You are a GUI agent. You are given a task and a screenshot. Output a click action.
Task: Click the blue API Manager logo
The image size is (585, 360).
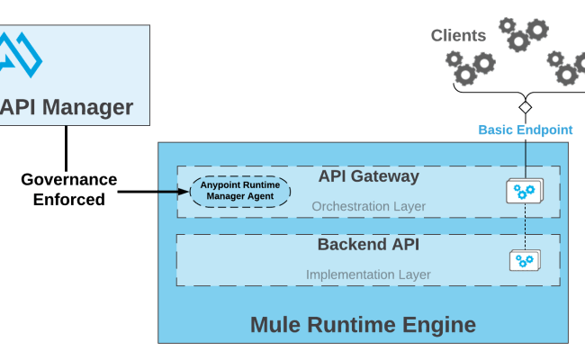coord(21,55)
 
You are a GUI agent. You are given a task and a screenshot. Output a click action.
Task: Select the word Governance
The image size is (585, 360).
coord(68,179)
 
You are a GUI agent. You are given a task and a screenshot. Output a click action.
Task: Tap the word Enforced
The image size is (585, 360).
coord(68,199)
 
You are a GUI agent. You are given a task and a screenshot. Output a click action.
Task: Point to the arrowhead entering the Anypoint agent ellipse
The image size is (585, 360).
coord(184,191)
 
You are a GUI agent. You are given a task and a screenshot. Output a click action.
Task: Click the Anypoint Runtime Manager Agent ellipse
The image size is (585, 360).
coord(240,191)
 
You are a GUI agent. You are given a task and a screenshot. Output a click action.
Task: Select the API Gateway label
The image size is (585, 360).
coord(368,176)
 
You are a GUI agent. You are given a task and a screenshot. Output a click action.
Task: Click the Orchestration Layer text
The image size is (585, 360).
coord(368,206)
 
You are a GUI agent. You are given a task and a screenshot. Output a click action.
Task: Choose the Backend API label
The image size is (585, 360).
coord(368,245)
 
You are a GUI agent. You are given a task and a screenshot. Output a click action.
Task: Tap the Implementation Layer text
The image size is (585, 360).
coord(368,274)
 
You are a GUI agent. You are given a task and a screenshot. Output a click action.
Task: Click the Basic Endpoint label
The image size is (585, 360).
coord(525,130)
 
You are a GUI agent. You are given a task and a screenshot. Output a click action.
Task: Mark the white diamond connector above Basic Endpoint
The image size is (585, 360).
coord(526,107)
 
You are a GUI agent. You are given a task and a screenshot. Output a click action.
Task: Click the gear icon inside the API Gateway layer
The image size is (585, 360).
coord(524,191)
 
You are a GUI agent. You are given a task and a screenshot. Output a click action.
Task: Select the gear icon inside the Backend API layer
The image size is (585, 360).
coord(524,261)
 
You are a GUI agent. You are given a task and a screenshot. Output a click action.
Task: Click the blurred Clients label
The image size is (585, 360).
coord(459,36)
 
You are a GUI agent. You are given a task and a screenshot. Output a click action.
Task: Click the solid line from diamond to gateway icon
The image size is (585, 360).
coord(526,153)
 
